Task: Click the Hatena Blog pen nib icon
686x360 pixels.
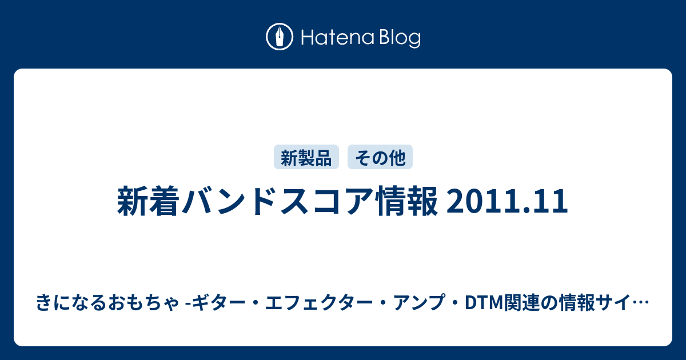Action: point(280,37)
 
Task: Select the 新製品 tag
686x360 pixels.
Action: point(306,157)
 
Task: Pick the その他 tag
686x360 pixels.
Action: point(380,157)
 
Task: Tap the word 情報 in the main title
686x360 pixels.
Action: point(408,201)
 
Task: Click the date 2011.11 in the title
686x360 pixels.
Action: point(507,201)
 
